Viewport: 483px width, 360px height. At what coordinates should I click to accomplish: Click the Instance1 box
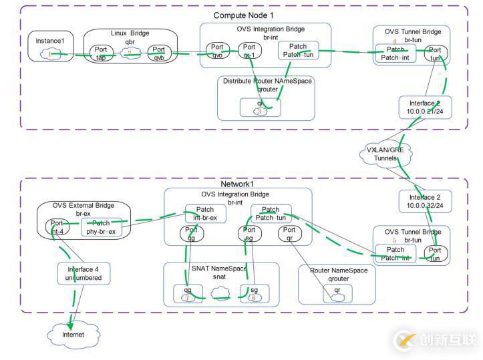tap(49, 47)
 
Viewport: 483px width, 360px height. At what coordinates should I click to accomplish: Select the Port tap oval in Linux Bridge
tap(101, 53)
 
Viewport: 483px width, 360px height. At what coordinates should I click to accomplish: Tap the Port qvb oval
tap(158, 53)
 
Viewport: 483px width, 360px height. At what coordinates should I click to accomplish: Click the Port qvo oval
tap(216, 51)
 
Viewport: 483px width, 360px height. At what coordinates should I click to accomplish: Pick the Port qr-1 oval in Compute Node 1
tap(249, 51)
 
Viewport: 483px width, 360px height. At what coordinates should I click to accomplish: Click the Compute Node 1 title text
tap(243, 15)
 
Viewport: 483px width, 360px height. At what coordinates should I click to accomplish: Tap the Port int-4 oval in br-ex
tap(57, 228)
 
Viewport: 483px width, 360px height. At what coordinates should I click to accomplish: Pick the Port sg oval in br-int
tap(248, 234)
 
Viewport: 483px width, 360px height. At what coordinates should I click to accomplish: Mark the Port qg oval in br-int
tap(190, 234)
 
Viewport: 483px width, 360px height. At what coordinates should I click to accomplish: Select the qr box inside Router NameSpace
tap(338, 293)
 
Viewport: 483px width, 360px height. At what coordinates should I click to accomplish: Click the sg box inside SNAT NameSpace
tap(254, 293)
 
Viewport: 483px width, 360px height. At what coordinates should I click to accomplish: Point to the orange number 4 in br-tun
tap(394, 42)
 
